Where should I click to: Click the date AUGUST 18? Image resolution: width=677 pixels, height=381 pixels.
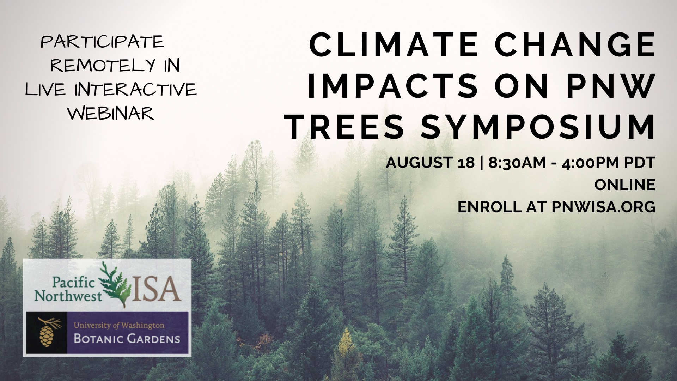(x=430, y=163)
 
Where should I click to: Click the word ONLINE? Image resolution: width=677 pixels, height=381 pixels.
(x=625, y=185)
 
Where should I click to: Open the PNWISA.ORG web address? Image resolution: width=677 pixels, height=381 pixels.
(x=603, y=207)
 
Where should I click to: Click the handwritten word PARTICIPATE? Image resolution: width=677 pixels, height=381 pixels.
(x=103, y=43)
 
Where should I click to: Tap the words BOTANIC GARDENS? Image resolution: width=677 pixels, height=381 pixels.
(x=127, y=339)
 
